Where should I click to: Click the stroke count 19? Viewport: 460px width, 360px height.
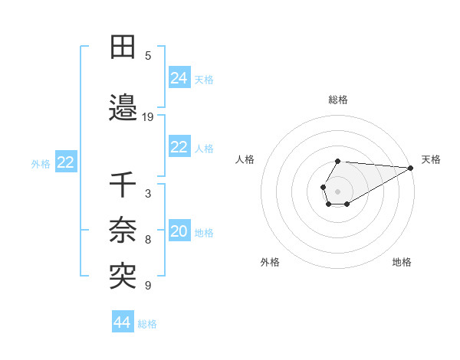coord(148,117)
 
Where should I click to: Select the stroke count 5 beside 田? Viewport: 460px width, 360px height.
coord(148,55)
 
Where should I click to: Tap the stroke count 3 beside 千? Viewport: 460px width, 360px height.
coord(148,194)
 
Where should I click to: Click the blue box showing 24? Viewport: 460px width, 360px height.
coord(179,78)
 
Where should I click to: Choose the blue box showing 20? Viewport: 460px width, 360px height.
coord(179,232)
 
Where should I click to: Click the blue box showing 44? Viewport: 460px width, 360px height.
coord(122,322)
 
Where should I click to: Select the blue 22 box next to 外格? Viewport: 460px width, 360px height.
coord(65,162)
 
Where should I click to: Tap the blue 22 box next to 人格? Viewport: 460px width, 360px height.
coord(179,147)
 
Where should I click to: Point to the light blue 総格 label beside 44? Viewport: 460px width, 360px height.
coord(147,324)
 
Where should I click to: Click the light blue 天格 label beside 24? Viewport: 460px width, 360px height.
coord(204,79)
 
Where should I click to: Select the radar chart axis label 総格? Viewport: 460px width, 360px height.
coord(338,100)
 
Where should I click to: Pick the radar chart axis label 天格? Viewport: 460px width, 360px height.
coord(431,159)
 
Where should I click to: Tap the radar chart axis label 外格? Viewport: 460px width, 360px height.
coord(270,262)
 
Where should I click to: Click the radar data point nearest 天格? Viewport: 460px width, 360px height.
coord(411,168)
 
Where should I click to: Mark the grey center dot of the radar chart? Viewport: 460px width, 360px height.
coord(338,191)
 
